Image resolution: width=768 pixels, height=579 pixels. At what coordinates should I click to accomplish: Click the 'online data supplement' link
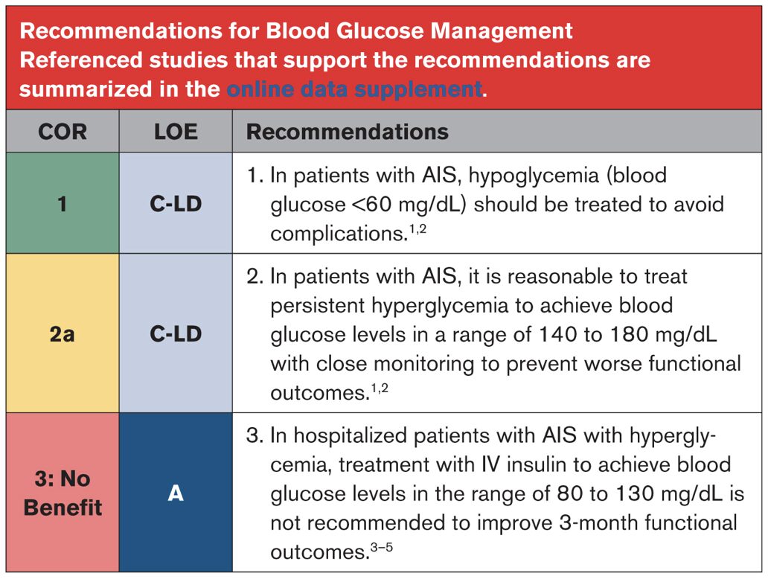point(355,89)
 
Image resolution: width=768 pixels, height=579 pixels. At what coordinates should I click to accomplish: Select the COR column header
point(63,132)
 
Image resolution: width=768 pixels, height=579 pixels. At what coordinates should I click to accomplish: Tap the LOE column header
point(176,132)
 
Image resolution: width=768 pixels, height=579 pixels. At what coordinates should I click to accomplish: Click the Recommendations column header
point(348,132)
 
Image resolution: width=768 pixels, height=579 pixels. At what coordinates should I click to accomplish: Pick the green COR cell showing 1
point(63,203)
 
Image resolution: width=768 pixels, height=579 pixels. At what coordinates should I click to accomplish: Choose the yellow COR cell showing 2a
point(63,333)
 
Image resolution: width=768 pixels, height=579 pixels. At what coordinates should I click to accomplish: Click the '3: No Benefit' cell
point(63,492)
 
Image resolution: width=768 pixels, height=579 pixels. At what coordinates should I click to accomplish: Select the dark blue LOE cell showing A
point(176,492)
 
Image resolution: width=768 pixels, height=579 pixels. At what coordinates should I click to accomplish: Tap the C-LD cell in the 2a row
point(176,333)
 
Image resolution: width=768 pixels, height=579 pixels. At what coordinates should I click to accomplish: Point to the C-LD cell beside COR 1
point(176,203)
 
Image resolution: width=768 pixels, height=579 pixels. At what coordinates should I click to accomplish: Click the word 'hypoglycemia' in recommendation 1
point(534,176)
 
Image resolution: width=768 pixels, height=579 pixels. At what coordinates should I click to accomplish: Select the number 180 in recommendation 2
point(630,335)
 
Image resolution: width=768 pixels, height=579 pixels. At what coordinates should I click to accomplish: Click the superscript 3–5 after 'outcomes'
point(382,547)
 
